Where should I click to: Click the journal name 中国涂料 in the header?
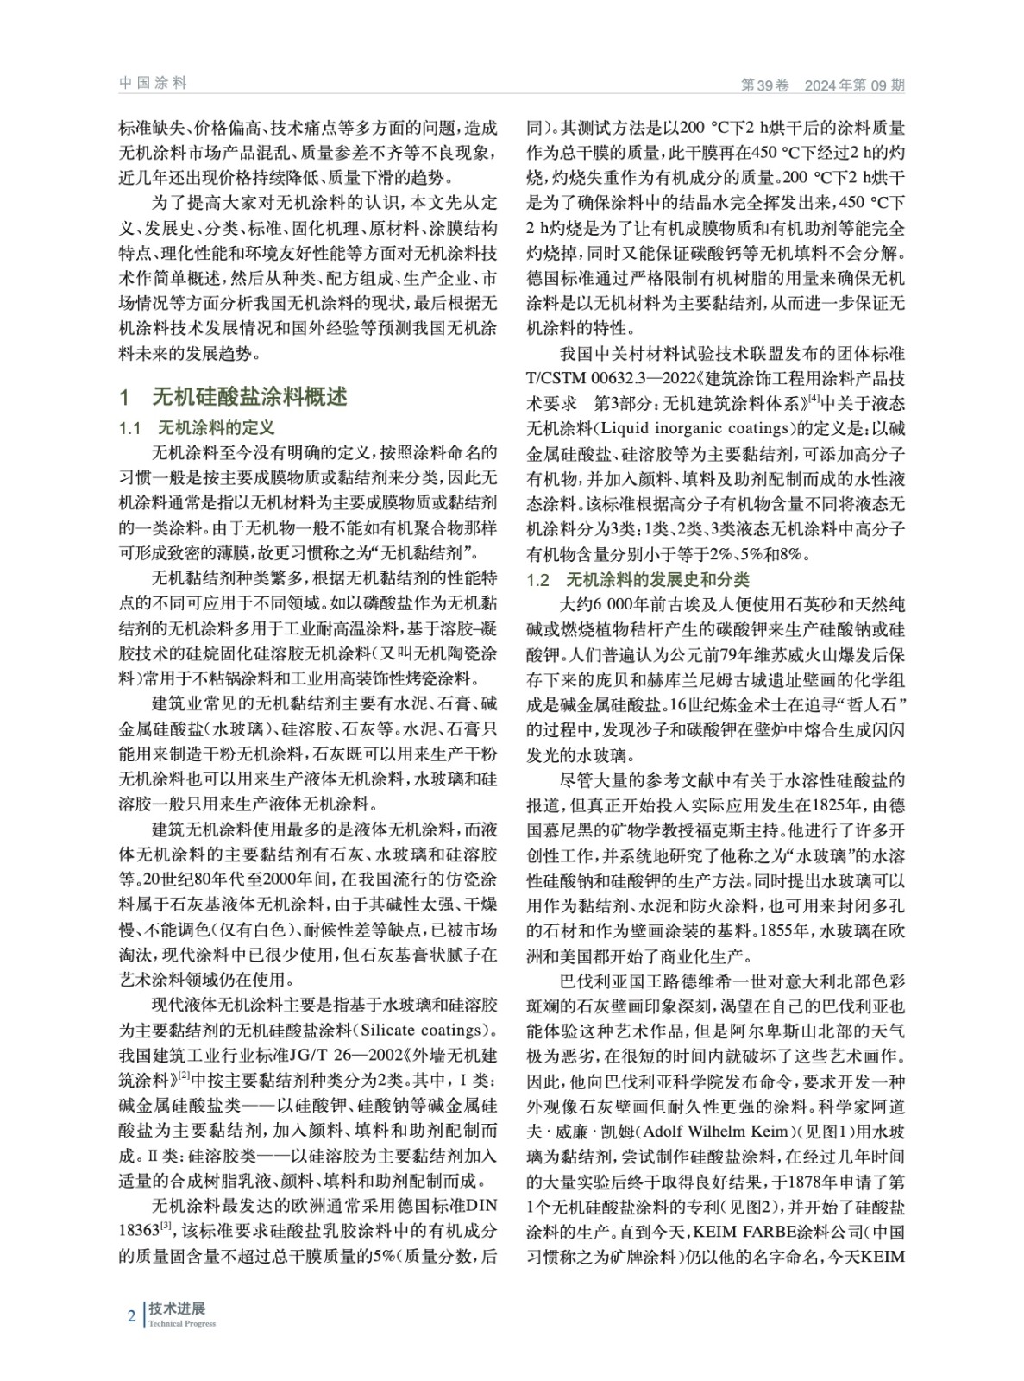[x=153, y=83]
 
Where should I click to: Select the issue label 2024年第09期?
[x=855, y=85]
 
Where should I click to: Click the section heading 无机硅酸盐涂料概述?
[x=250, y=396]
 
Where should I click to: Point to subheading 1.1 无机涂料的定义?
[x=196, y=428]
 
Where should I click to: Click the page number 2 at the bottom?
[x=131, y=1316]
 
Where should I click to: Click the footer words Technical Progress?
[x=181, y=1324]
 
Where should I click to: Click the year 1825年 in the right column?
[x=832, y=805]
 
